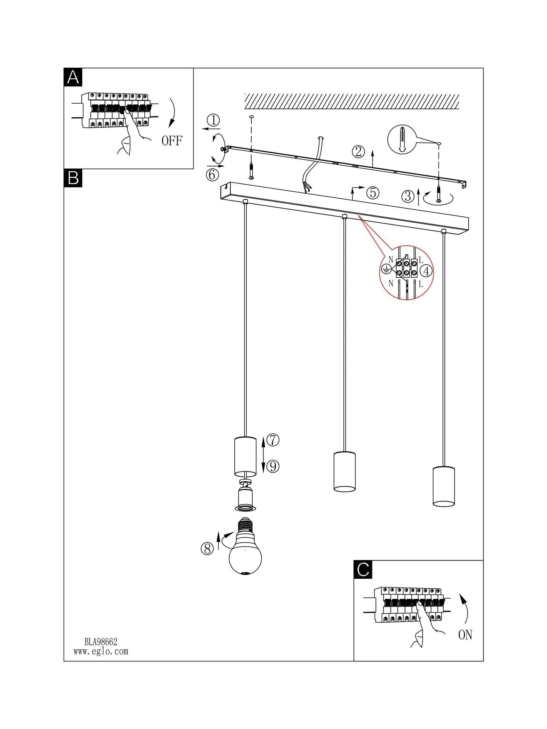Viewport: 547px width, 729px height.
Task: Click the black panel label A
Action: [x=73, y=77]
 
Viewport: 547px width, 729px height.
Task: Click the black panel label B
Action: [x=73, y=178]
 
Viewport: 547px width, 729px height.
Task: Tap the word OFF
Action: [x=172, y=141]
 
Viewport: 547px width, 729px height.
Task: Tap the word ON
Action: [x=465, y=635]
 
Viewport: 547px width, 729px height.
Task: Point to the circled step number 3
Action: [x=408, y=197]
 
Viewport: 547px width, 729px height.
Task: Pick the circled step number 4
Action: [x=426, y=271]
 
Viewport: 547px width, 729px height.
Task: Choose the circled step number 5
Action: [x=373, y=193]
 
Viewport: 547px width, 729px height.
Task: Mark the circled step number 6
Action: [x=212, y=174]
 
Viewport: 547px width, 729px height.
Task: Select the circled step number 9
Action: [x=273, y=466]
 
